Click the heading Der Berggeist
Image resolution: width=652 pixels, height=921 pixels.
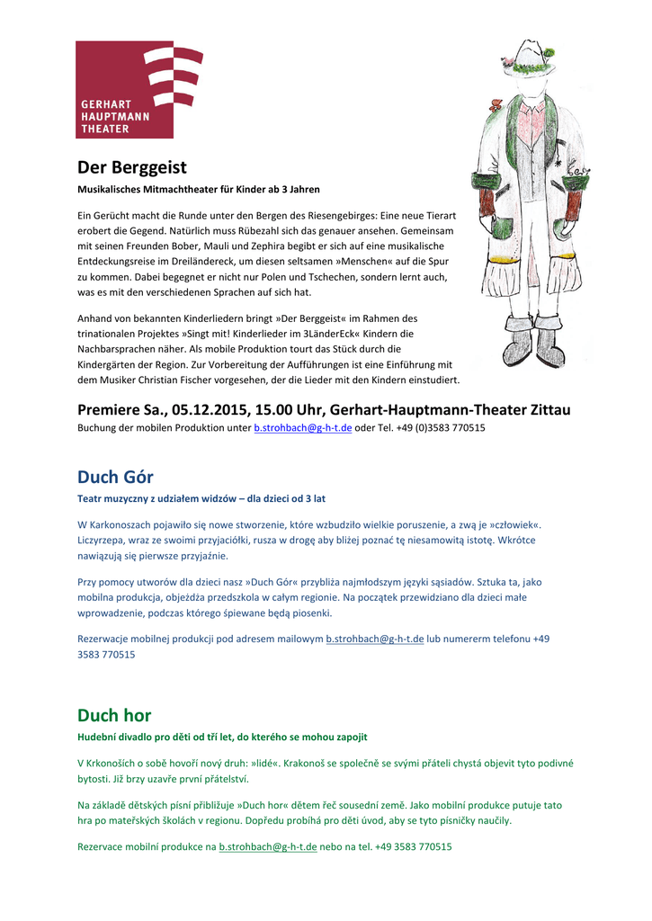tap(131, 167)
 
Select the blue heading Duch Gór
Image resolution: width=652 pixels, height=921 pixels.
tap(115, 477)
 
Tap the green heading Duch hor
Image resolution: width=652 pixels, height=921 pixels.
tap(114, 715)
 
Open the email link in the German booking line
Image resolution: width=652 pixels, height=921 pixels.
tap(303, 428)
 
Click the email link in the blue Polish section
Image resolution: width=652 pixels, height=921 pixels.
tap(374, 639)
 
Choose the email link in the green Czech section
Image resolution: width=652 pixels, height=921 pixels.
tap(268, 847)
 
